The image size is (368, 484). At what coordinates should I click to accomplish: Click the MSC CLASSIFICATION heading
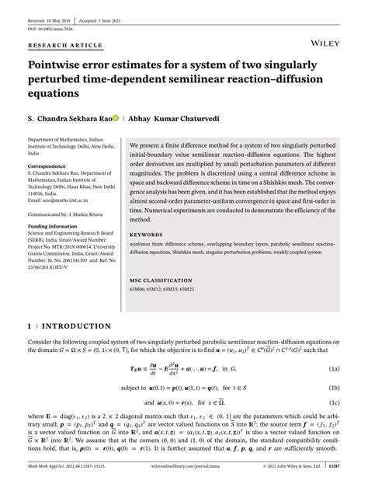click(x=162, y=277)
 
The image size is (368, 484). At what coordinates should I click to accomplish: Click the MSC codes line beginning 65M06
click(x=166, y=290)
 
